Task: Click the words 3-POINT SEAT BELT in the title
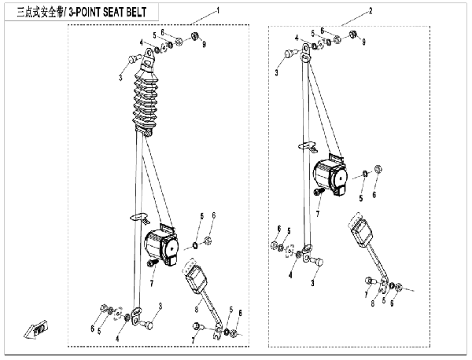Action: [x=118, y=11]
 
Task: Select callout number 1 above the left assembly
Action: [x=218, y=12]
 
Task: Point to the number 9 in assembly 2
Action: [x=363, y=42]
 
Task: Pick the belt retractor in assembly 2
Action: [x=333, y=177]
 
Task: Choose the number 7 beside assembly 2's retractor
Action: [x=319, y=213]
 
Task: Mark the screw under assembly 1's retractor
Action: [x=149, y=265]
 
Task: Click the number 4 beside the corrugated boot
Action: [x=142, y=42]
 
